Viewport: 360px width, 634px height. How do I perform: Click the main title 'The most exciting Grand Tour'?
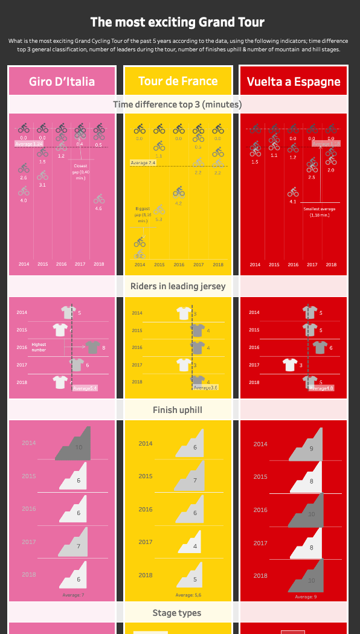(x=178, y=22)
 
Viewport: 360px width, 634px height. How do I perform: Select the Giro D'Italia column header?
(x=62, y=82)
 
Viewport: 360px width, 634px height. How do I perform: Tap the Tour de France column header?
(x=178, y=82)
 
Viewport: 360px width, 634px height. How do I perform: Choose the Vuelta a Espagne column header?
(x=294, y=82)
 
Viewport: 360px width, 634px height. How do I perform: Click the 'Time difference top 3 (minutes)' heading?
(x=178, y=104)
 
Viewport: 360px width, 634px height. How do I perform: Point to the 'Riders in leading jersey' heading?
(x=178, y=286)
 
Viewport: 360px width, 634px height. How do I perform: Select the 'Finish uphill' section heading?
(x=178, y=410)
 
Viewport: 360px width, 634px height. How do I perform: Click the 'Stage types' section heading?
(x=178, y=613)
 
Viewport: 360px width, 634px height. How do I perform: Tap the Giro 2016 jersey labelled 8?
(x=92, y=347)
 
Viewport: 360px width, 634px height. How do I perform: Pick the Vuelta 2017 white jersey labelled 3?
(x=291, y=365)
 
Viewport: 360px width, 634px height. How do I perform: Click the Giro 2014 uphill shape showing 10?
(x=75, y=444)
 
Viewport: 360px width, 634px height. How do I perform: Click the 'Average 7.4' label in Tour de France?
(x=144, y=163)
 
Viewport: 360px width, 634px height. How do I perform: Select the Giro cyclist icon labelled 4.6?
(x=98, y=199)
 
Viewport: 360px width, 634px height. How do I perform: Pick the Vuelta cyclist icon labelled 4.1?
(x=293, y=192)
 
